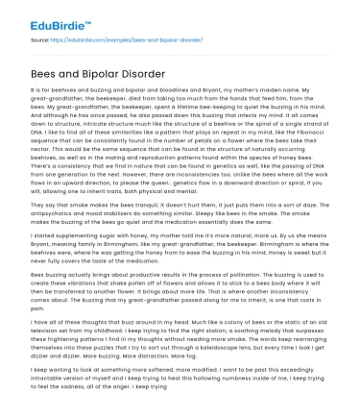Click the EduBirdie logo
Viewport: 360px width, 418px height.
[x=49, y=17]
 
